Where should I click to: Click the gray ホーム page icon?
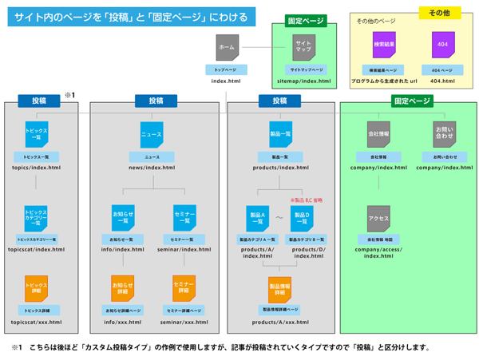226,48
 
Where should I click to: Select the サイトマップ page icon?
304,48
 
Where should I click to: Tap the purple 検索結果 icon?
384,45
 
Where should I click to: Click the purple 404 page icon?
443,45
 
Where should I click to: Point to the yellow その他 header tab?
439,14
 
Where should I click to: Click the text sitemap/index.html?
303,81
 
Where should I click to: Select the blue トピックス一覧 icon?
37,133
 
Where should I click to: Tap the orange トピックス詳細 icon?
37,287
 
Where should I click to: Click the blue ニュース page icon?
151,135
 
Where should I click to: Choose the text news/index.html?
151,168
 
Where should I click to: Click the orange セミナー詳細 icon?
184,287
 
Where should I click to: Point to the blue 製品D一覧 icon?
302,218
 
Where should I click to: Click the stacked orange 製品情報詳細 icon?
279,287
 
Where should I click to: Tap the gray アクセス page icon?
378,218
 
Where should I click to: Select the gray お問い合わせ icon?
444,134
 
